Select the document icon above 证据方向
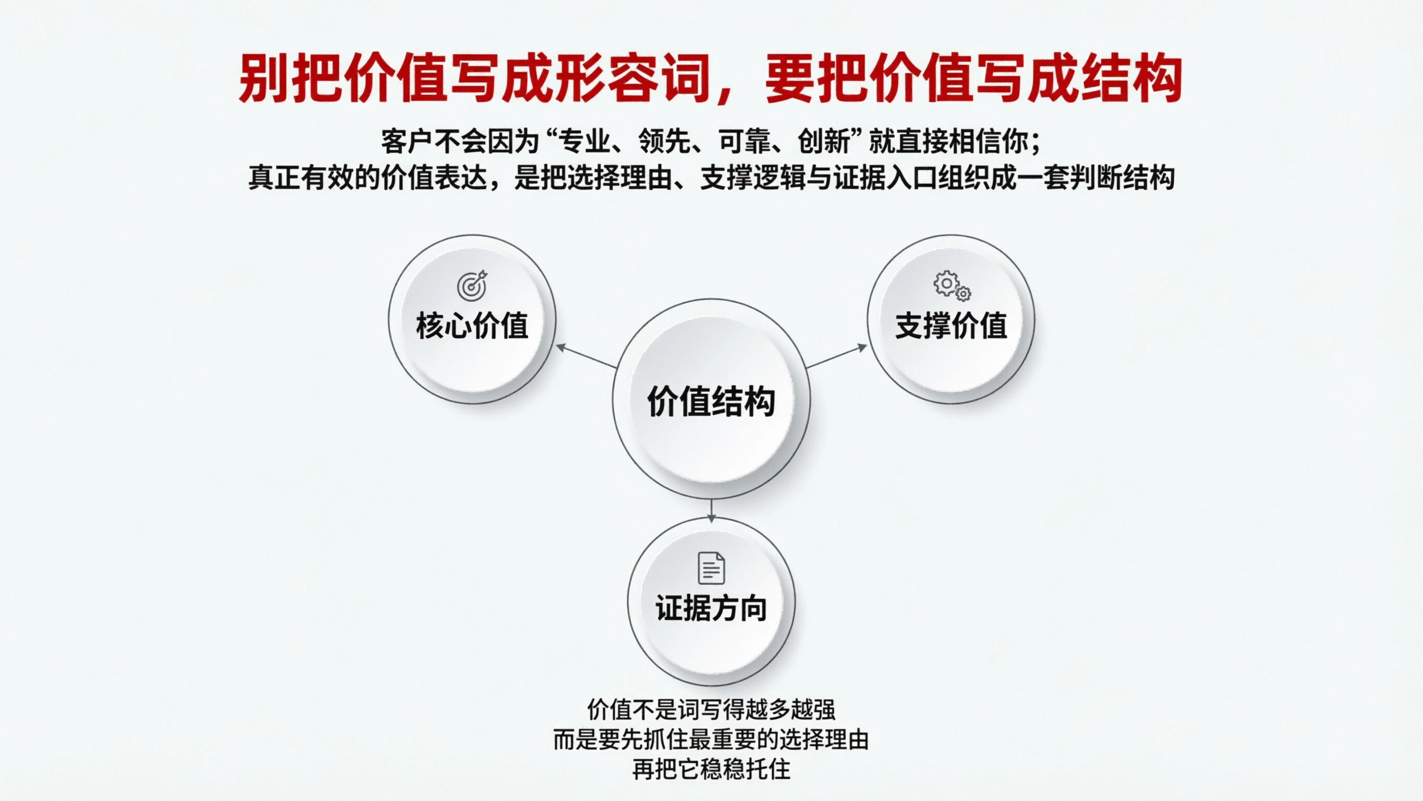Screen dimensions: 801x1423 pyautogui.click(x=711, y=568)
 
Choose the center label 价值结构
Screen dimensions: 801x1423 pyautogui.click(x=711, y=401)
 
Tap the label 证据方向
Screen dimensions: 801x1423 pyautogui.click(x=711, y=608)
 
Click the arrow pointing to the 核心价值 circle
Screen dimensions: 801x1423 pyautogui.click(x=586, y=357)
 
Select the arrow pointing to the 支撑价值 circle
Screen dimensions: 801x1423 pyautogui.click(x=837, y=357)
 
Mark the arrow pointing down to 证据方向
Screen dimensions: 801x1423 pyautogui.click(x=711, y=510)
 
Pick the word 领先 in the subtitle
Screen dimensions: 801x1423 pyautogui.click(x=665, y=142)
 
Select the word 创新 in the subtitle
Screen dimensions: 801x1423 pyautogui.click(x=824, y=142)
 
